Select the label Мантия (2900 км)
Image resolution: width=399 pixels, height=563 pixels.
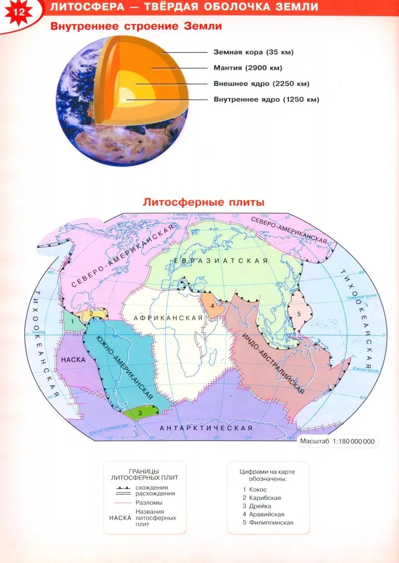coord(248,68)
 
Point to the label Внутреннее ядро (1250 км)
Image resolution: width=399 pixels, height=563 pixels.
coord(266,99)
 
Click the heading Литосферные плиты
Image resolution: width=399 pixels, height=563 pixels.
coord(204,202)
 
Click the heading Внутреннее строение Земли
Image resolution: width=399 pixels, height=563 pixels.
coord(136,26)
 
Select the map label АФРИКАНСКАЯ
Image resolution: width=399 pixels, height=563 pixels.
coord(168,318)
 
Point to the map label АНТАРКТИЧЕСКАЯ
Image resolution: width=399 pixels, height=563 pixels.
coord(206,428)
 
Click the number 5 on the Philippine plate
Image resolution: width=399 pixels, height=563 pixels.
coord(299,314)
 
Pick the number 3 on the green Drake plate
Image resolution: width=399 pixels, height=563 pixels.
coord(140,412)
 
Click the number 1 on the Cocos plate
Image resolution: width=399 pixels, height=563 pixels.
coord(72,321)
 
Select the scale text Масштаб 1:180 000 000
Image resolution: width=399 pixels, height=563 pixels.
coord(337,441)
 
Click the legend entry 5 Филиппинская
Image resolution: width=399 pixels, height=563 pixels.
coord(268,522)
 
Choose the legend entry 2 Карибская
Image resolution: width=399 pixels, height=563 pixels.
coord(261,498)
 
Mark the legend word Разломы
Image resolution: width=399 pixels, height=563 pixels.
coord(149,503)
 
